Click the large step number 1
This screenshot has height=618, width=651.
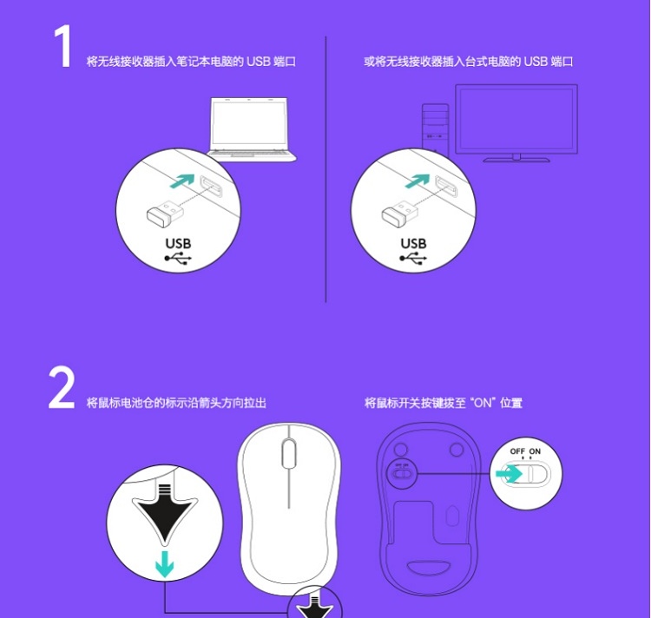[x=63, y=46]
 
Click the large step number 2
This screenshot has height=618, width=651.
[x=62, y=388]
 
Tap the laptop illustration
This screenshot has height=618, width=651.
[x=251, y=129]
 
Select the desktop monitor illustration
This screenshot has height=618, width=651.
[x=516, y=123]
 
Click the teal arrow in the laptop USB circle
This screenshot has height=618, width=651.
[x=182, y=181]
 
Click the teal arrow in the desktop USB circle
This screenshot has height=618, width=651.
[x=418, y=181]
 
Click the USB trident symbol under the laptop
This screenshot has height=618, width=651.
[x=178, y=258]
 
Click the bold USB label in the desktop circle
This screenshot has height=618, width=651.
[x=413, y=243]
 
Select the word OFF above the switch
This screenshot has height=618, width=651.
[x=517, y=451]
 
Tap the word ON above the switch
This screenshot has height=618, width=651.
[x=535, y=451]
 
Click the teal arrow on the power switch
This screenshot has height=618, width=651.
[x=509, y=474]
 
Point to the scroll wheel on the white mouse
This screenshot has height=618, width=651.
[x=289, y=453]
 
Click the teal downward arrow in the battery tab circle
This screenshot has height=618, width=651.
[x=164, y=563]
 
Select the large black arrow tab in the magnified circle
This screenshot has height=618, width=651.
[x=165, y=514]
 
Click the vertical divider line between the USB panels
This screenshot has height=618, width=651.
[x=325, y=169]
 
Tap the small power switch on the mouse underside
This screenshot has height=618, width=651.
[x=401, y=473]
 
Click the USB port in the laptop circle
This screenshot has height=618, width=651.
[x=212, y=186]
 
